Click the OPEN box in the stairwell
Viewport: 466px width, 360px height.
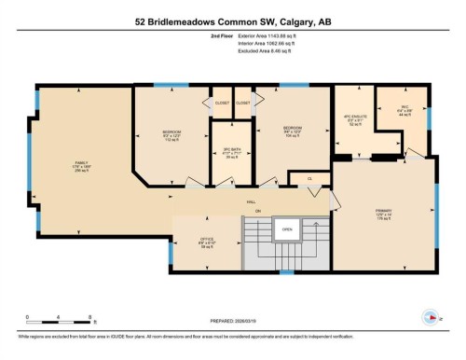click(x=288, y=228)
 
